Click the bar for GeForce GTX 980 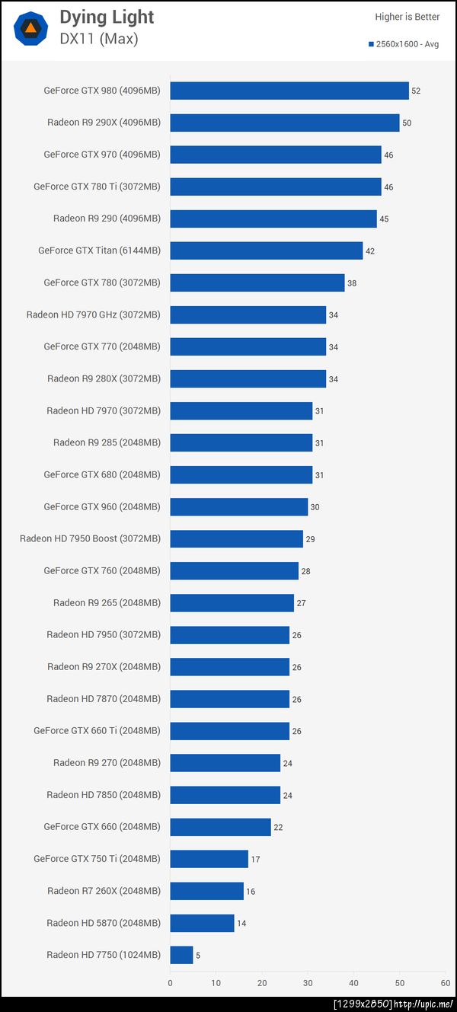tap(289, 91)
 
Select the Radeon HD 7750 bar tap(181, 955)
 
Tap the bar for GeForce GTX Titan tap(267, 251)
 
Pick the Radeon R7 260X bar tap(206, 891)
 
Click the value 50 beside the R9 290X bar tap(407, 123)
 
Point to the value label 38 tap(352, 283)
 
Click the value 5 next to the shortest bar tap(198, 955)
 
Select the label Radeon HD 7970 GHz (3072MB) tap(93, 314)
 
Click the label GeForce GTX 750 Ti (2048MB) tap(97, 859)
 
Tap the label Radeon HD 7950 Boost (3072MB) tap(90, 538)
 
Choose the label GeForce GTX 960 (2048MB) tap(102, 506)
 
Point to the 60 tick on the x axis tap(446, 983)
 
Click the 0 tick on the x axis tap(170, 983)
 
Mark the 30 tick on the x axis tap(308, 983)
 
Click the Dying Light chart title tap(107, 17)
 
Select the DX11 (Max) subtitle tap(99, 39)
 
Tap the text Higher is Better tap(407, 17)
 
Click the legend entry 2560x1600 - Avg tap(404, 44)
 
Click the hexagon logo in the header tap(30, 28)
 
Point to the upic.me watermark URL tap(423, 1004)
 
